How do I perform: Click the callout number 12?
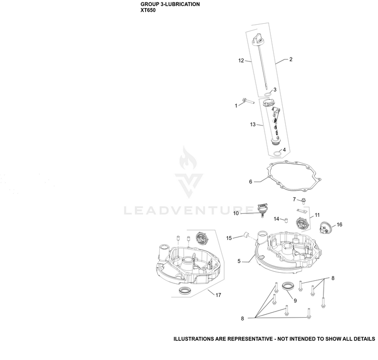(x=241, y=61)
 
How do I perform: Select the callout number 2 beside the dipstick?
(x=291, y=59)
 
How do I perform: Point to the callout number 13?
(x=253, y=125)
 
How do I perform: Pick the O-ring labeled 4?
(x=277, y=154)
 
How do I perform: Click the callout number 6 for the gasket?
(x=250, y=182)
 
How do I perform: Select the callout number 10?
(x=236, y=213)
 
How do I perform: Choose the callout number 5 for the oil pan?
(x=239, y=261)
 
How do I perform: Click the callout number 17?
(x=218, y=295)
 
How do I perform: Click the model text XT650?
(x=148, y=11)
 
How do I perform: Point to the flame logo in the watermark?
(x=188, y=159)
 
